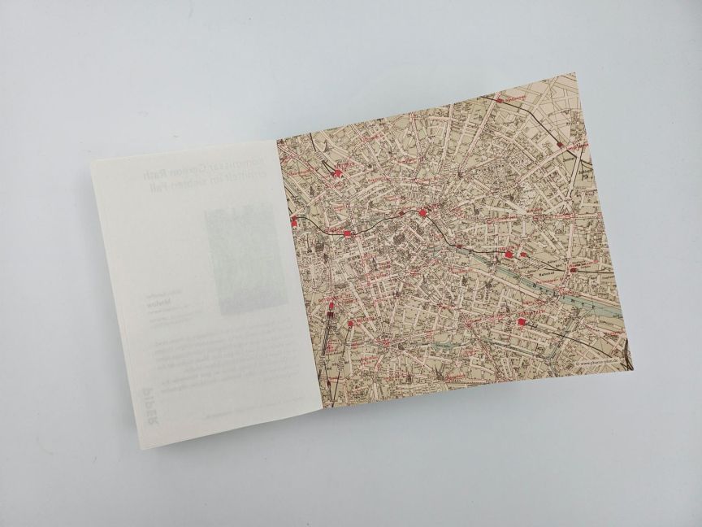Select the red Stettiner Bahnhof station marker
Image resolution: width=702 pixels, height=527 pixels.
[336, 172]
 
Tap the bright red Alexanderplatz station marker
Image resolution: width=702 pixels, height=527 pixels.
[423, 213]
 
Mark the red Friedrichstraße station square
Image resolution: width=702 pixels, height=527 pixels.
[348, 233]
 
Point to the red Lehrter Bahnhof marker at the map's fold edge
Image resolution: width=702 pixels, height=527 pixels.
[293, 220]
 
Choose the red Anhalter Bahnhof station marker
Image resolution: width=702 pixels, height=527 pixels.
[350, 324]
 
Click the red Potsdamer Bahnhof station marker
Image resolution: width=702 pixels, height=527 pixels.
[330, 308]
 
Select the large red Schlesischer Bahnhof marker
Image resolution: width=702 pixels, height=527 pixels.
[509, 254]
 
